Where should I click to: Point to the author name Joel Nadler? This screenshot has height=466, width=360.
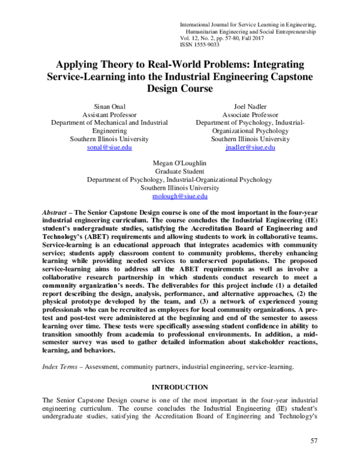[250, 106]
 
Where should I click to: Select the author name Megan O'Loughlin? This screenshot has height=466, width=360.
[179, 162]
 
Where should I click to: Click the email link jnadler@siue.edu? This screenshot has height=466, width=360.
[250, 147]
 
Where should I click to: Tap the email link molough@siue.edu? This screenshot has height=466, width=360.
[179, 196]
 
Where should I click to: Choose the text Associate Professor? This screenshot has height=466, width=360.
[250, 115]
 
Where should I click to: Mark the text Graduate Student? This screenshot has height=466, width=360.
[179, 171]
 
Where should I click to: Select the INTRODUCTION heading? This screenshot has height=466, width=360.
[179, 388]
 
